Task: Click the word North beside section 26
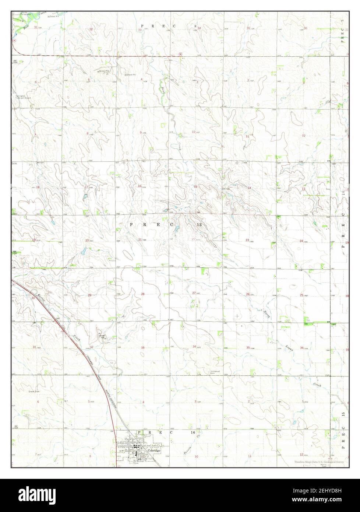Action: point(267,314)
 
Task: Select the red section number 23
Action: point(247,240)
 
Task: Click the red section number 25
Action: point(301,295)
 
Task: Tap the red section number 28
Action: point(143,294)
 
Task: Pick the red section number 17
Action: point(86,187)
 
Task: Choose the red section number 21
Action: point(140,240)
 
